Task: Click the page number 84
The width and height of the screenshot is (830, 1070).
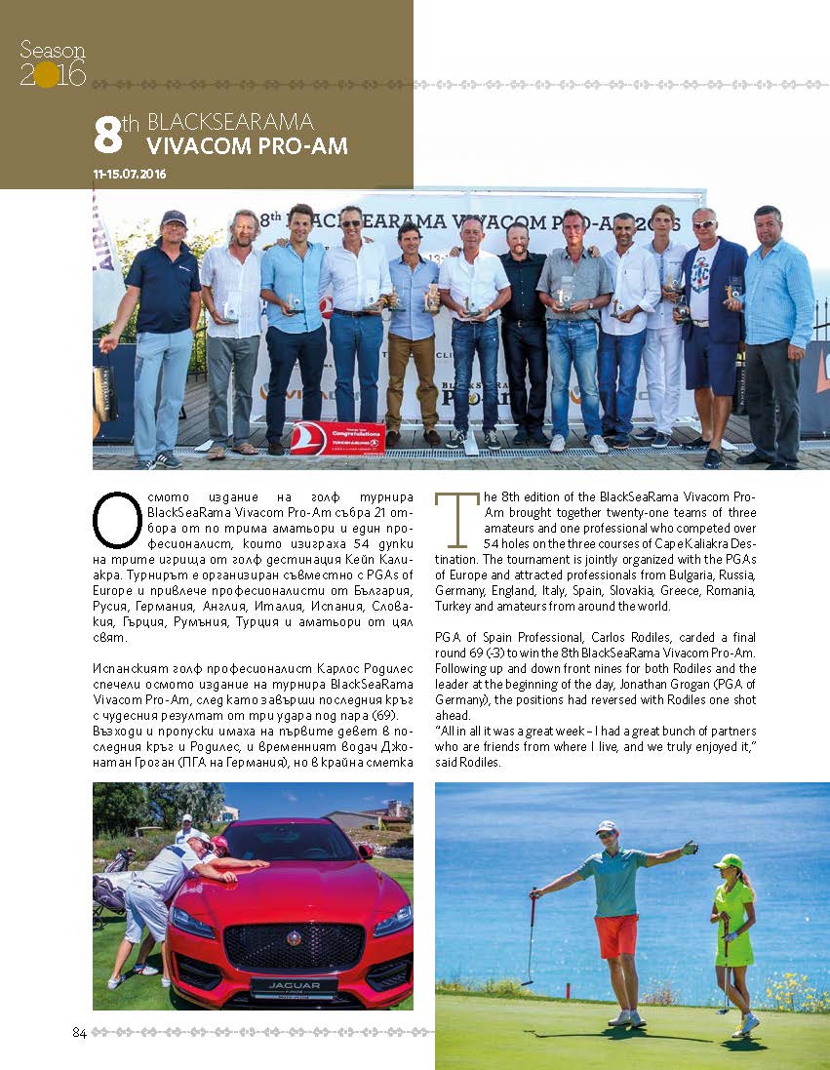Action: [x=80, y=1033]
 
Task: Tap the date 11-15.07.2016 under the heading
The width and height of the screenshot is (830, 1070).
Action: [x=130, y=174]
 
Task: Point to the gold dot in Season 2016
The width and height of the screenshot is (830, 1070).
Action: [x=46, y=75]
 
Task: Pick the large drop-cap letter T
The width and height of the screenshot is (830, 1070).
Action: [x=450, y=519]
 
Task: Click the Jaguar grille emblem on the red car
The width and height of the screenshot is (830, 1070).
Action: [x=294, y=937]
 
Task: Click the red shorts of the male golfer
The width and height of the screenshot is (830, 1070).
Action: [x=617, y=935]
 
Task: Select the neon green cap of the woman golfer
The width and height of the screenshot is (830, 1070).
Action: [x=727, y=861]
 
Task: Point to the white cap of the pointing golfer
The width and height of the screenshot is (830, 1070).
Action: [x=607, y=826]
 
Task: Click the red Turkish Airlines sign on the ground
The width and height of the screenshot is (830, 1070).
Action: [x=337, y=438]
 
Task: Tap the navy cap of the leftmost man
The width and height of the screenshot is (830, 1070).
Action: [x=174, y=218]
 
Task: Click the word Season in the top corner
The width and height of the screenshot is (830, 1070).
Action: [x=53, y=50]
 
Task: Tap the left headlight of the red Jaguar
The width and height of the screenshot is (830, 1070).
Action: [x=191, y=922]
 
